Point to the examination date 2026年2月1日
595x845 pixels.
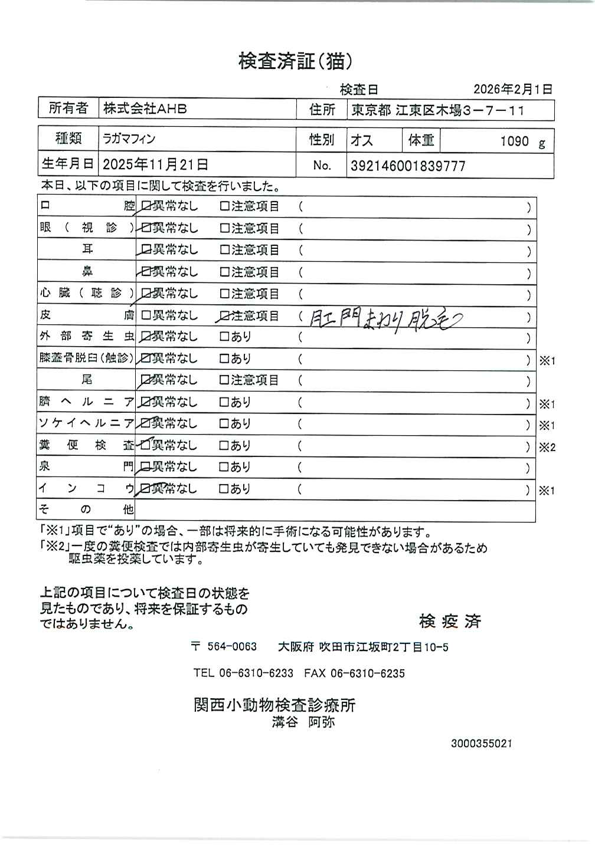point(512,89)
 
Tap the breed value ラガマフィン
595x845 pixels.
point(129,139)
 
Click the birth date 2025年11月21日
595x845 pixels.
point(155,165)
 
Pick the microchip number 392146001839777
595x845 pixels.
point(408,166)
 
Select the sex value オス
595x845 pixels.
point(361,141)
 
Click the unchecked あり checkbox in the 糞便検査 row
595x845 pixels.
point(224,446)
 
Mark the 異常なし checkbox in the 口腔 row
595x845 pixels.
point(146,207)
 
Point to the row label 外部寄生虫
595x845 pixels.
point(86,337)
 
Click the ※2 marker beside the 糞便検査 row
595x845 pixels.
point(547,448)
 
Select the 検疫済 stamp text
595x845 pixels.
point(450,621)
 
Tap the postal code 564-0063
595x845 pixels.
point(232,647)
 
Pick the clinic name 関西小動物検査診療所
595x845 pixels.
point(274,705)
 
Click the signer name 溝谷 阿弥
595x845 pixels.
point(303,722)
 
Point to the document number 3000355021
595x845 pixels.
point(481,744)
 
